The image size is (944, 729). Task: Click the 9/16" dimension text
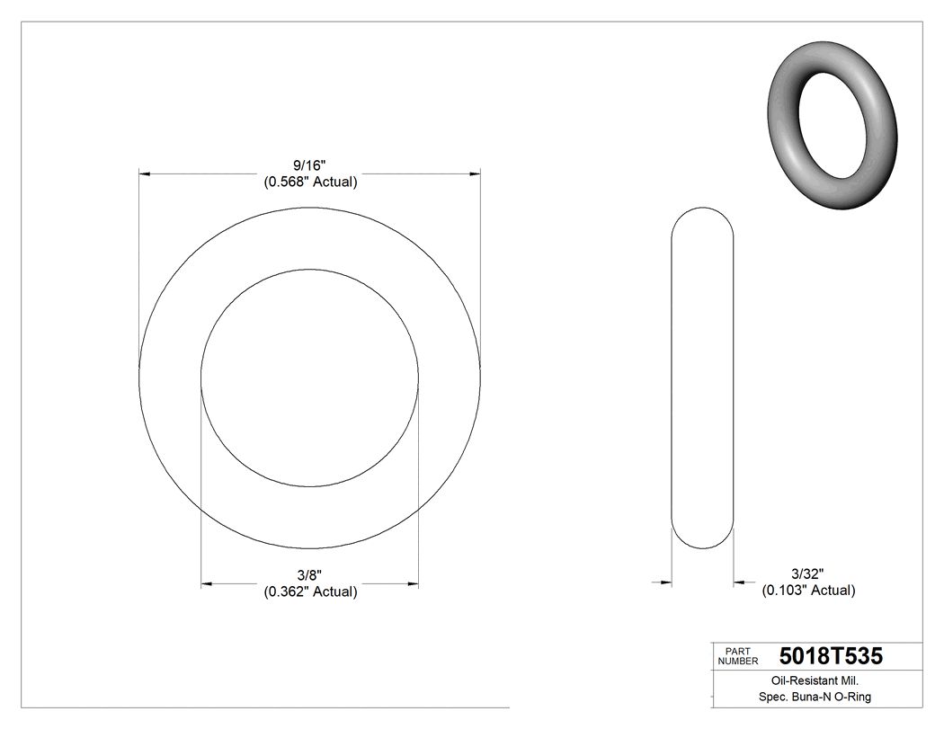point(310,165)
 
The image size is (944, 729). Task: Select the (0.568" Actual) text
point(310,182)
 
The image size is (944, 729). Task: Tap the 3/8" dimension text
point(310,575)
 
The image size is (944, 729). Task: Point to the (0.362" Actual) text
point(310,591)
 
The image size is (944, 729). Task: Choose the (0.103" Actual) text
point(808,591)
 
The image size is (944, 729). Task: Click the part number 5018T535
point(831,656)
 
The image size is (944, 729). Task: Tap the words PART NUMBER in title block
point(737,656)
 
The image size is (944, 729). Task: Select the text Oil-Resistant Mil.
point(808,681)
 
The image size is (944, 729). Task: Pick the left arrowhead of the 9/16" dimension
point(144,173)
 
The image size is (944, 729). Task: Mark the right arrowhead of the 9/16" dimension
point(475,173)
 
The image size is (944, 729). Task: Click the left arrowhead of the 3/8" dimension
point(206,584)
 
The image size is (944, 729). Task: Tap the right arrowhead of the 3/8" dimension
point(413,584)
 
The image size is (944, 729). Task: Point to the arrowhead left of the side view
point(666,582)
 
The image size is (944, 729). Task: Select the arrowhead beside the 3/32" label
point(739,582)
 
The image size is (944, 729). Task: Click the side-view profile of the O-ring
point(703,378)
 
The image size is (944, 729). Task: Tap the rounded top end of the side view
point(703,216)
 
